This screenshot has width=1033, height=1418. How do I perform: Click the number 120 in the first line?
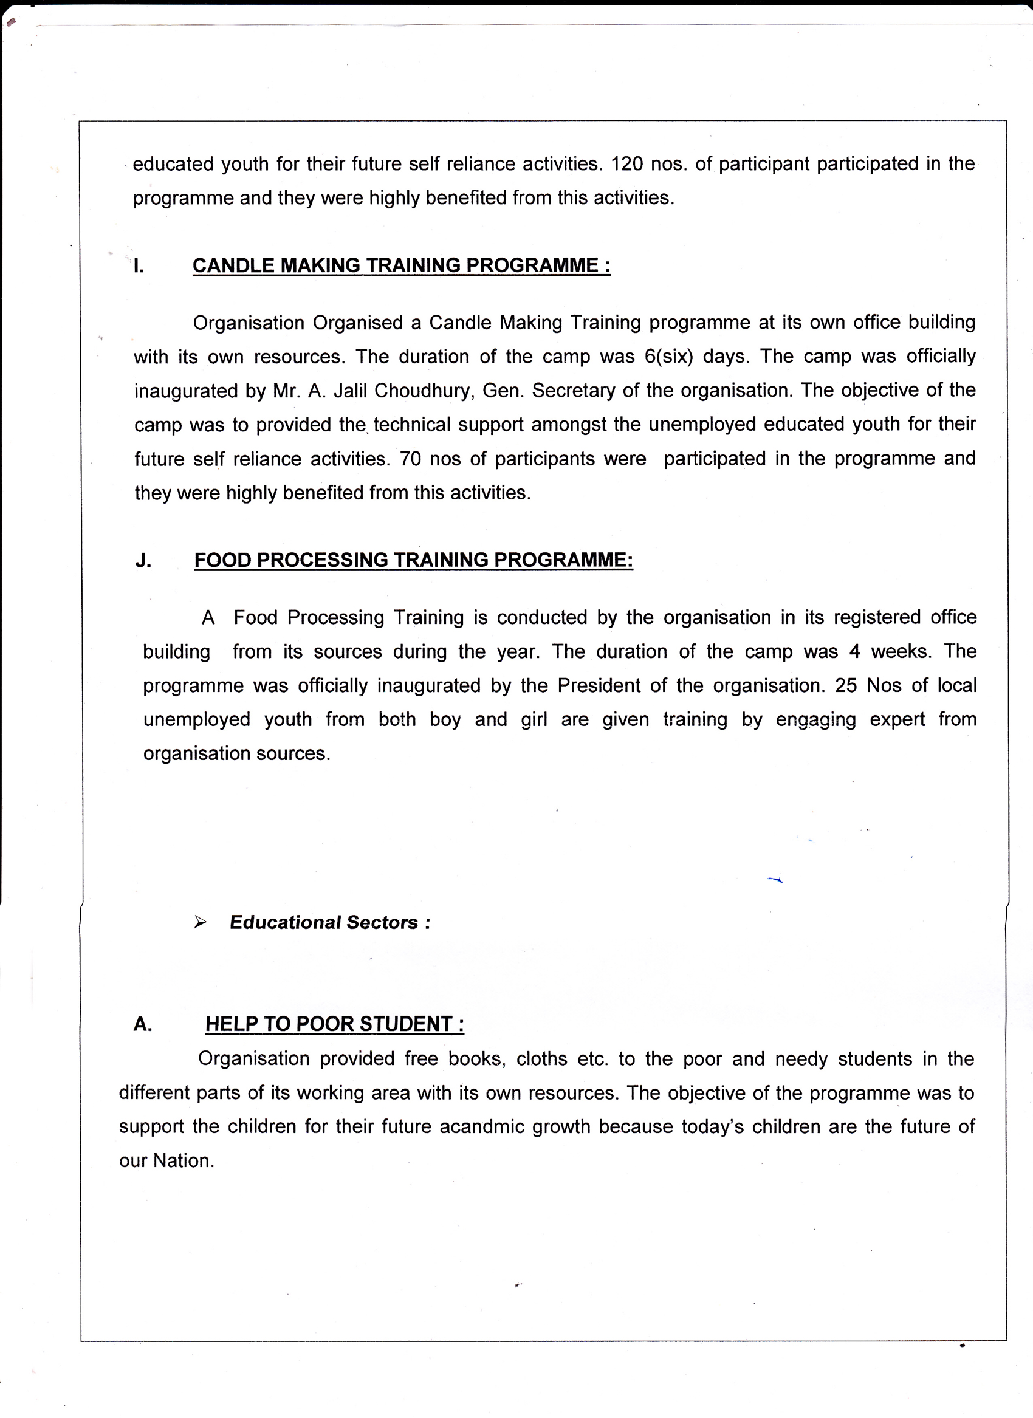point(626,164)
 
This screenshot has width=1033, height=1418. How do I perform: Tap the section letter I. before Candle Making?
point(139,265)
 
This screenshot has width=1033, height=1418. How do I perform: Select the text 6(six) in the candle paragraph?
point(669,357)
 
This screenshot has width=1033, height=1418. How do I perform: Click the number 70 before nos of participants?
point(410,459)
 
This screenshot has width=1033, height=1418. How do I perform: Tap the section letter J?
point(143,560)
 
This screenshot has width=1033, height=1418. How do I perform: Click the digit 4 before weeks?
point(854,651)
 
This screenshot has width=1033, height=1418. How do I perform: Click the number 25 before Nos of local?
point(845,686)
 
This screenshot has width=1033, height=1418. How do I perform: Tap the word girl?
point(534,719)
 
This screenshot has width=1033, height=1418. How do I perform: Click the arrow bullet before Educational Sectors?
point(200,922)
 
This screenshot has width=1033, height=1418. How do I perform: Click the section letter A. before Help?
point(143,1024)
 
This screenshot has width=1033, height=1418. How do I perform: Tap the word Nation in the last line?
point(181,1161)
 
